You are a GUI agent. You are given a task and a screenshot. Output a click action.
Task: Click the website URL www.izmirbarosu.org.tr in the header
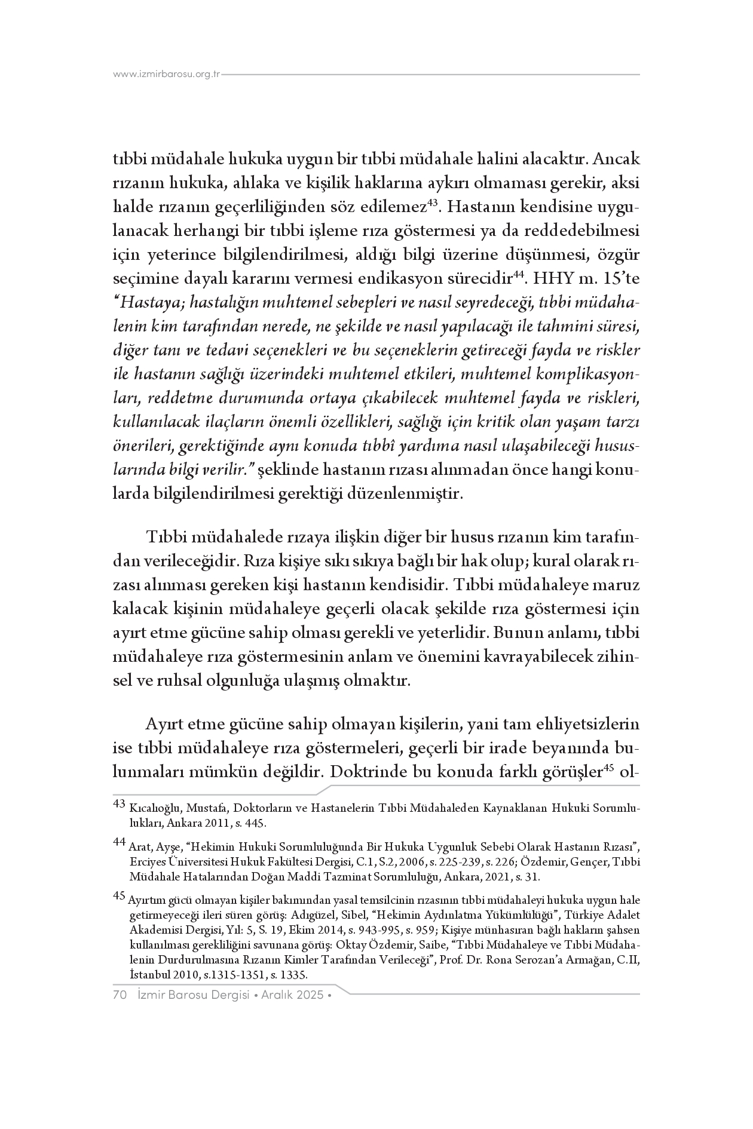pos(167,75)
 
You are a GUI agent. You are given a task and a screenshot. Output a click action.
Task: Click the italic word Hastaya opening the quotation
pos(147,303)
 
